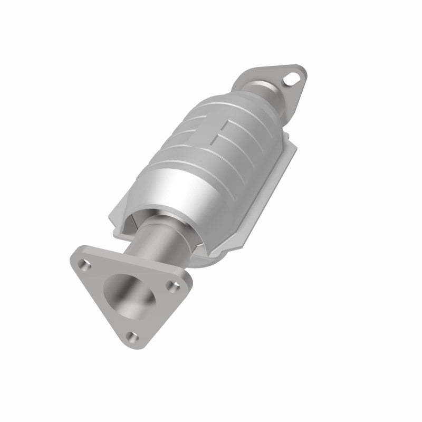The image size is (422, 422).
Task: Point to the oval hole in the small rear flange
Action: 291,80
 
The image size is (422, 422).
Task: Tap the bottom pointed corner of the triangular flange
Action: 132,343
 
